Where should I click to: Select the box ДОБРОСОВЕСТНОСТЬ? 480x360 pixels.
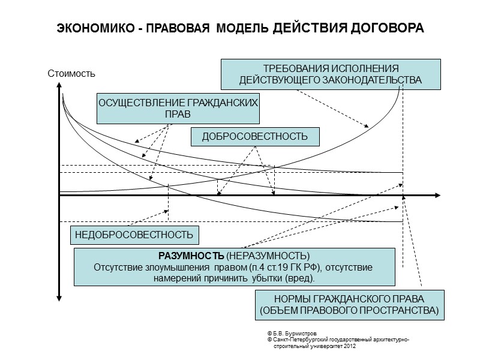pos(255,137)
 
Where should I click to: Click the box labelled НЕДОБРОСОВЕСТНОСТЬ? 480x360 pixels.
pos(134,234)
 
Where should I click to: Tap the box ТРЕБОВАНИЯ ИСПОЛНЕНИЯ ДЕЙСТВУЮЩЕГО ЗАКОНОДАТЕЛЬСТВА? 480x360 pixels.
pos(331,74)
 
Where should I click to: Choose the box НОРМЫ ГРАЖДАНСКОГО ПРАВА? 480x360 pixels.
pos(349,305)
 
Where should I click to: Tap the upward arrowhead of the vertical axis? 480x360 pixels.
pos(59,88)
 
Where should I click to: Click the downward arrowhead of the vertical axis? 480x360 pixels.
pos(59,296)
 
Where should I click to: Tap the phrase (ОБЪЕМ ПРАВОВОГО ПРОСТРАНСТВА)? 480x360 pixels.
pos(349,311)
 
